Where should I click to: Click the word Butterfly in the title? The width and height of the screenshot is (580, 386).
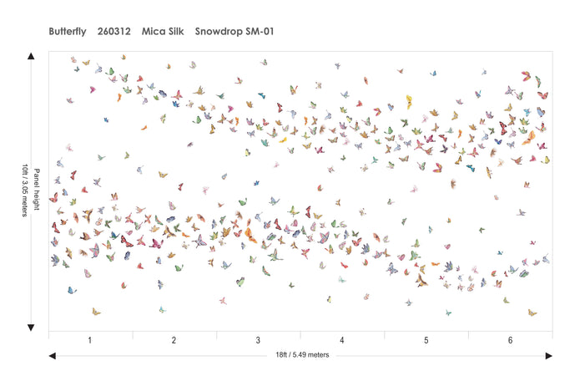point(68,32)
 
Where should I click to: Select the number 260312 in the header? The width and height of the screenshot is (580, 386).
point(113,32)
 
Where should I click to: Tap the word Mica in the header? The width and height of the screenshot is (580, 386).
point(154,32)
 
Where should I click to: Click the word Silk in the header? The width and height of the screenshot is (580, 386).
point(179,32)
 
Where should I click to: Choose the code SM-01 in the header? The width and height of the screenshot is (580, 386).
point(261,32)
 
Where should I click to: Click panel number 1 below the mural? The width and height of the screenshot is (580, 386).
point(90,341)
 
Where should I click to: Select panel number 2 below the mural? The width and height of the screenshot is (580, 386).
point(174,341)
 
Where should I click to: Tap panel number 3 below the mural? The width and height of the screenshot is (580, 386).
point(258,341)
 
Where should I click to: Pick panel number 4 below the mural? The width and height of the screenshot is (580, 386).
point(342,341)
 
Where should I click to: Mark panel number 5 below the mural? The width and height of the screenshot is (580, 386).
point(426,341)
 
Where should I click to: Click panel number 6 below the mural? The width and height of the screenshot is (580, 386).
point(510,341)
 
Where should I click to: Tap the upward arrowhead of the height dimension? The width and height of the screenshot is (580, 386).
point(31,56)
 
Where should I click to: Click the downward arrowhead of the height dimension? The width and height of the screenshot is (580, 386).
point(31,327)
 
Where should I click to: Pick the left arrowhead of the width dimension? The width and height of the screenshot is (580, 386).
point(53,355)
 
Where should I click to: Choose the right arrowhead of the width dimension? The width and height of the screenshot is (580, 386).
point(548,355)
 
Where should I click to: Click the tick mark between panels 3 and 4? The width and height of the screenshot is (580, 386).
point(300,334)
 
